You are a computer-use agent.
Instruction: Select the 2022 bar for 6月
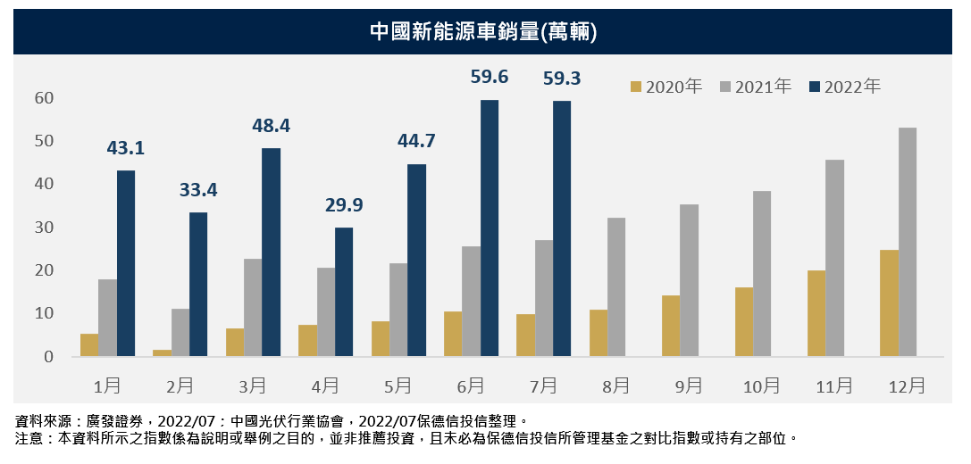pos(490,228)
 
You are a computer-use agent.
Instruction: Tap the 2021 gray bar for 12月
pos(908,243)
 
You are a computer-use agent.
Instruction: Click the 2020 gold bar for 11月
pos(816,313)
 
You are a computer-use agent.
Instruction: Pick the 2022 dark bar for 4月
pos(344,293)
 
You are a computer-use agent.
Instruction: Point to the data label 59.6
pos(490,78)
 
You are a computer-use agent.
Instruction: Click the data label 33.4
pos(198,190)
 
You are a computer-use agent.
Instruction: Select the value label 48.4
pos(271,126)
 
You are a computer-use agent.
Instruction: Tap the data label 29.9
pos(344,205)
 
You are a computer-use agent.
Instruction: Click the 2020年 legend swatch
pos(636,87)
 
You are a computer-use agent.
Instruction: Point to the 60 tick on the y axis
pos(44,97)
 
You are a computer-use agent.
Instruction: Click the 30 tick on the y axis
pos(44,227)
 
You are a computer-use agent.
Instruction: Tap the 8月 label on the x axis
pos(615,385)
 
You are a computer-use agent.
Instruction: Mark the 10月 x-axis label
pos(761,385)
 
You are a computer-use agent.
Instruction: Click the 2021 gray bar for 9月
pos(690,281)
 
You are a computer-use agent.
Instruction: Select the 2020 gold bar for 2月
pos(162,353)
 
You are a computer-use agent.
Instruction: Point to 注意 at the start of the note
pos(29,438)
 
